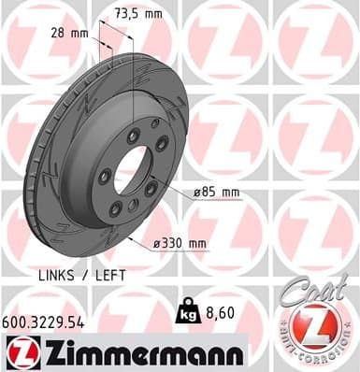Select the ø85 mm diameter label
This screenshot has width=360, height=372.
pos(217,193)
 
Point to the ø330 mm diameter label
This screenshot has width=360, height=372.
pos(180,244)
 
